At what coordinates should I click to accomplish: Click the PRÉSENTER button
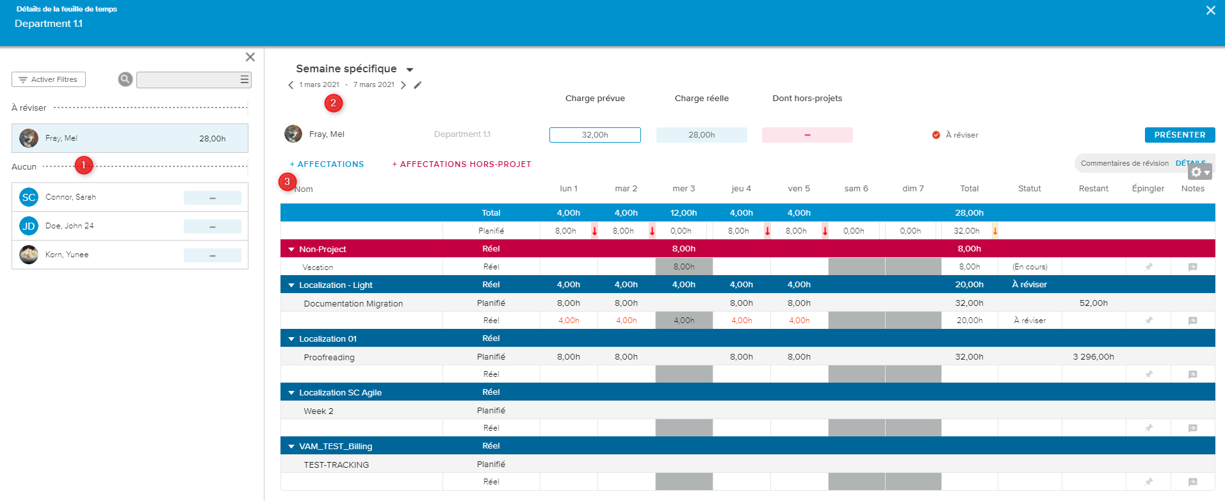tap(1180, 135)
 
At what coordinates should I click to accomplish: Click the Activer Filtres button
tap(49, 79)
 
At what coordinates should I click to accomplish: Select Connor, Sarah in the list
tap(70, 197)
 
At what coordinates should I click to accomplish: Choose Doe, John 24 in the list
tap(69, 226)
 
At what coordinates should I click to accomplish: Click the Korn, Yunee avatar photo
tap(29, 255)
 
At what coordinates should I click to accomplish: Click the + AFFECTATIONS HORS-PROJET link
tap(462, 164)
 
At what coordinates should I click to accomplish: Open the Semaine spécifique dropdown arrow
tap(410, 70)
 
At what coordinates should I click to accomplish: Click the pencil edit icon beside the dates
tap(418, 85)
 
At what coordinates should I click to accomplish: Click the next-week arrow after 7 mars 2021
tap(403, 85)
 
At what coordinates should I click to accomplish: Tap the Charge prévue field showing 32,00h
tap(595, 135)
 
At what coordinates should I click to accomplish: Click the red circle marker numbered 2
tap(333, 103)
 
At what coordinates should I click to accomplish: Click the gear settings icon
tap(1196, 172)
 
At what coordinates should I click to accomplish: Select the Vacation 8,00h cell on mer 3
tap(684, 267)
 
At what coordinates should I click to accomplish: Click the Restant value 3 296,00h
tap(1093, 357)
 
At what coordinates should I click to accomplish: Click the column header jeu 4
tap(741, 189)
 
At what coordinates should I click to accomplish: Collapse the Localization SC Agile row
tap(291, 393)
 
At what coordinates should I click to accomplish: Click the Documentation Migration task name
tap(353, 303)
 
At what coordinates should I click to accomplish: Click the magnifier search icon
tap(126, 79)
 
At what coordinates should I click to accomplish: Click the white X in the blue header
tap(1210, 10)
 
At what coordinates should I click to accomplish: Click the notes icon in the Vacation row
tap(1192, 267)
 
